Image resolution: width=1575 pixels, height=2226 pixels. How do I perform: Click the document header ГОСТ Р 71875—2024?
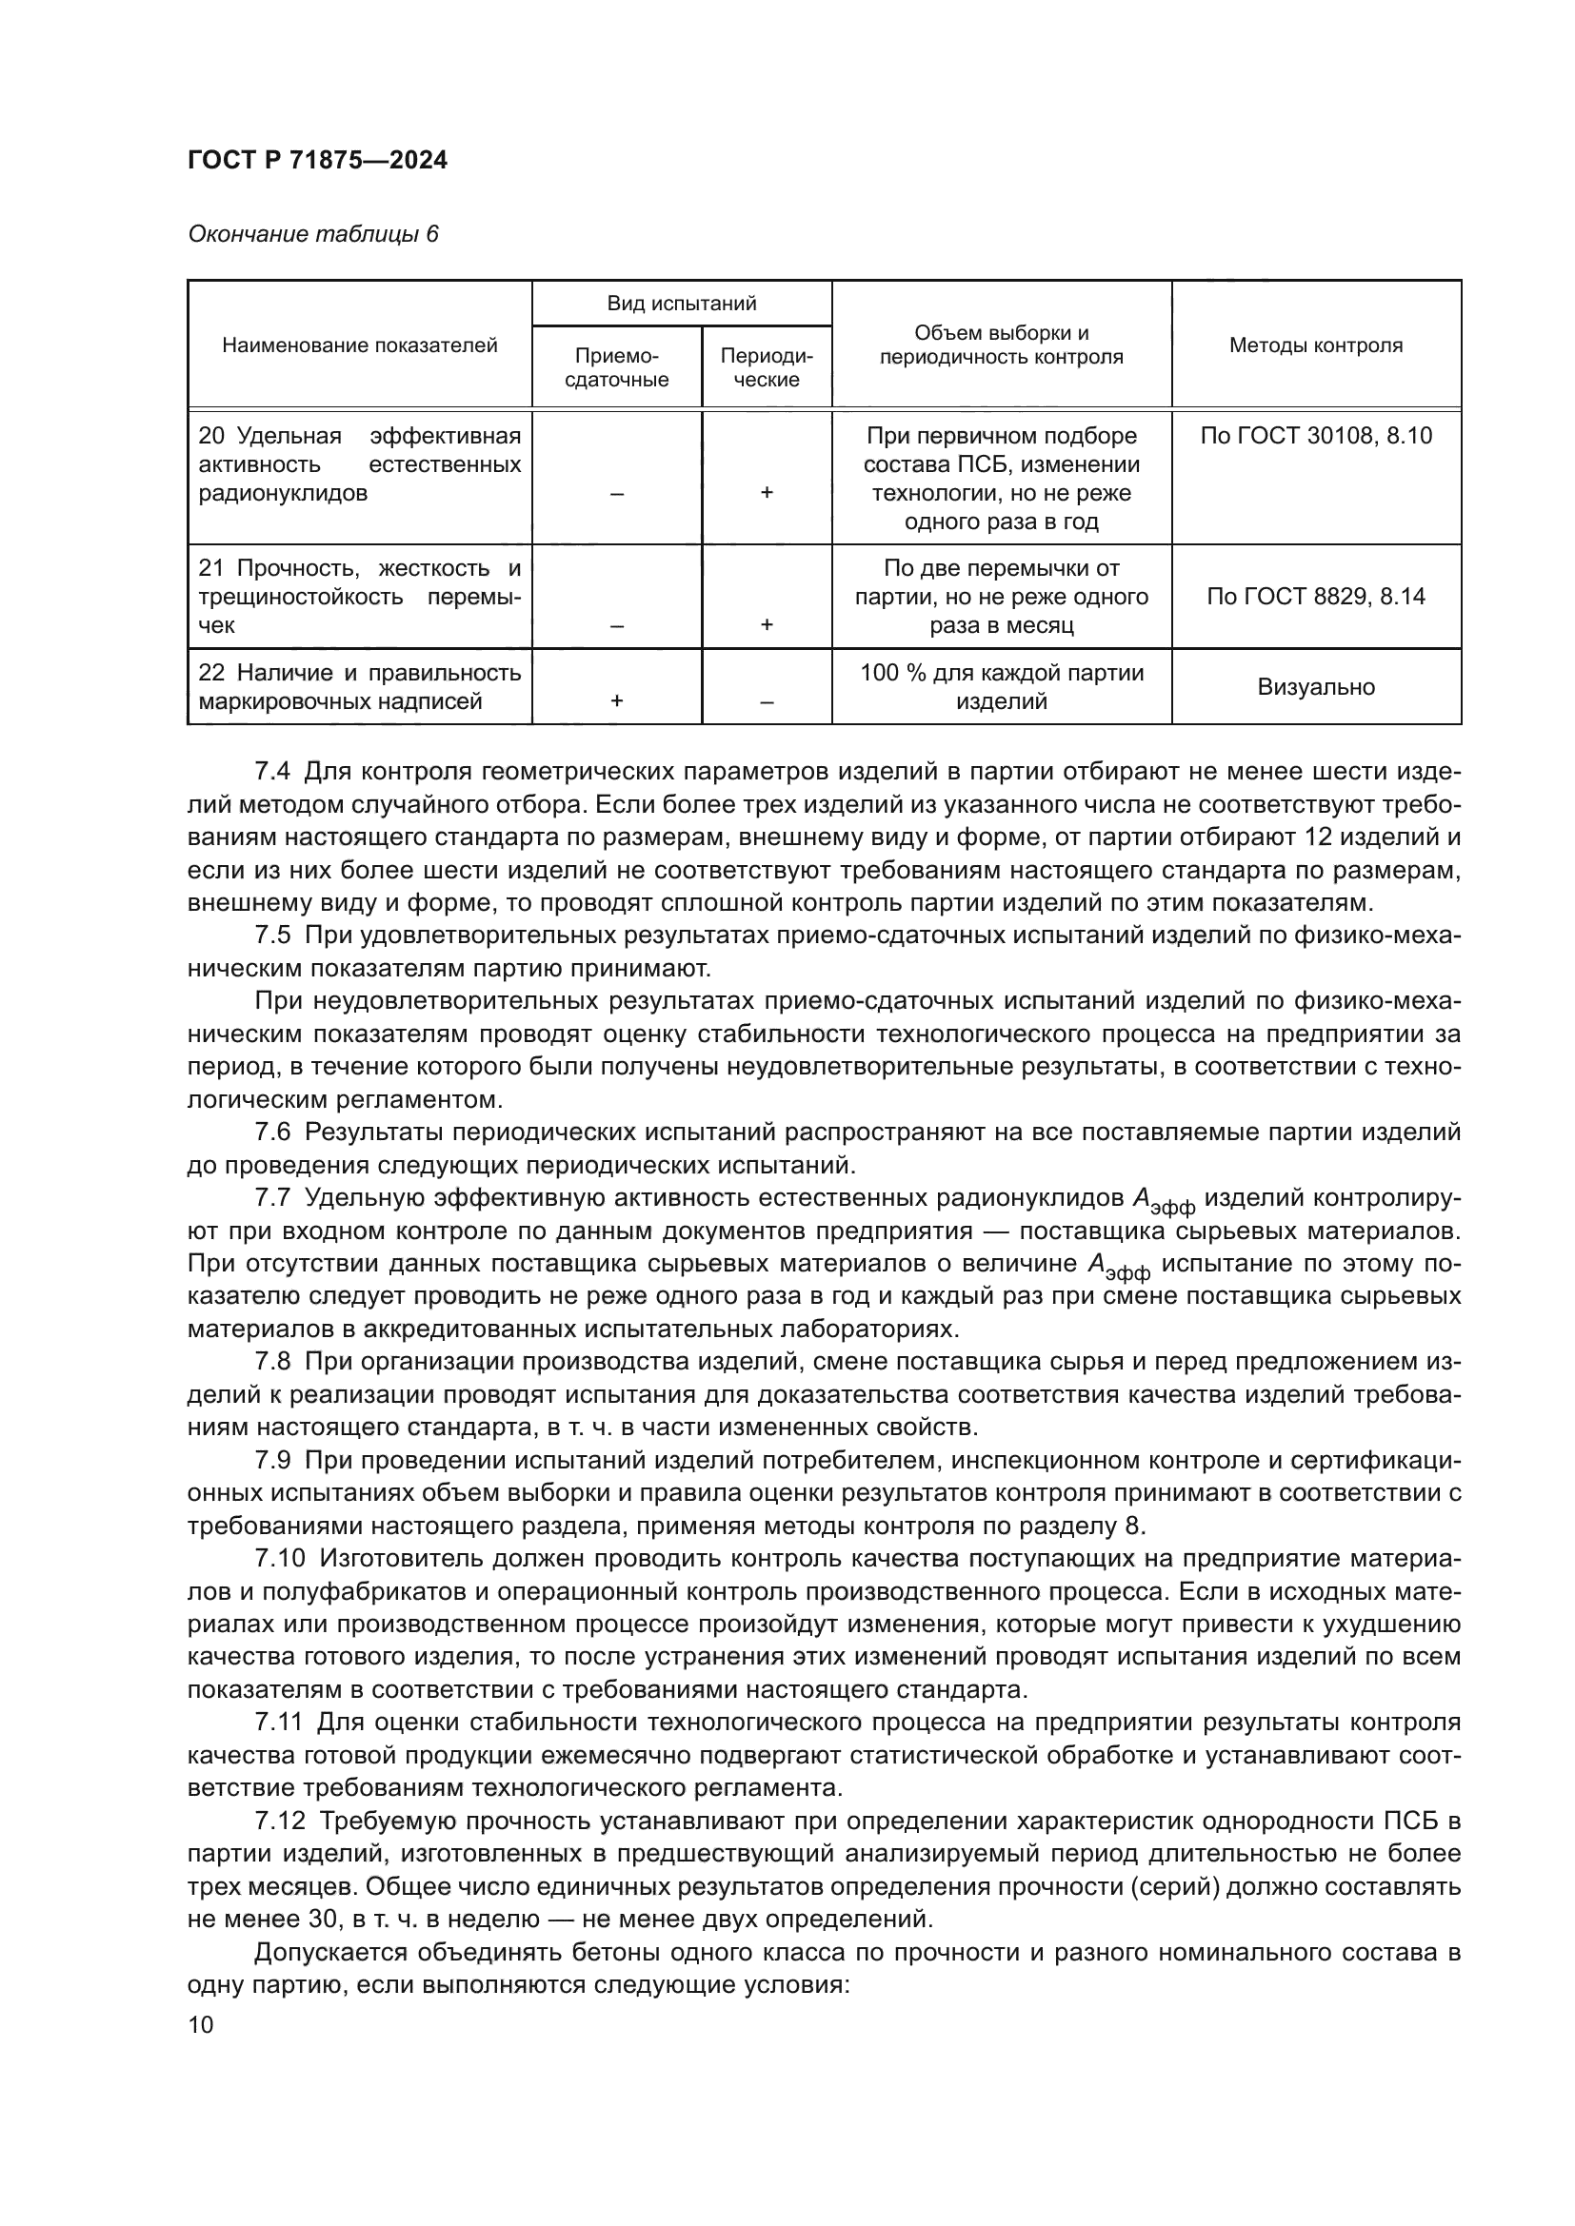point(317,161)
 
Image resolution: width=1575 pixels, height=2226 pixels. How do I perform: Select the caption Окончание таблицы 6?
point(312,235)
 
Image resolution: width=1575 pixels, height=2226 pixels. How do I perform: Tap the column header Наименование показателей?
point(359,345)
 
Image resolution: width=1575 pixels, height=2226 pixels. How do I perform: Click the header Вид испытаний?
point(681,304)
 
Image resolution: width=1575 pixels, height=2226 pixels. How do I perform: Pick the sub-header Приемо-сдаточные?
point(616,368)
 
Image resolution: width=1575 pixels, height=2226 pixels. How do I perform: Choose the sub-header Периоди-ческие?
point(767,368)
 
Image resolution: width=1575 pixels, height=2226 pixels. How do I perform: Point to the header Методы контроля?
point(1315,345)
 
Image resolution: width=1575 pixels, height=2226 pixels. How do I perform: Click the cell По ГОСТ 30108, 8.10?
point(1315,436)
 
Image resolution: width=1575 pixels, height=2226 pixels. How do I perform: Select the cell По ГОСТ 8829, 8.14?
point(1315,597)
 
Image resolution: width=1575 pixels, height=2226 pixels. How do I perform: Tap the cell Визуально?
point(1315,687)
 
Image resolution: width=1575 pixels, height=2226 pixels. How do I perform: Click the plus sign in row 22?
point(616,701)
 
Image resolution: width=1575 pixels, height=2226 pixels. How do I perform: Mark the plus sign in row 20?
point(767,493)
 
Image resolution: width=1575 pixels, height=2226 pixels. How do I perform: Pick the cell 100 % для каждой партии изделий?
point(1001,686)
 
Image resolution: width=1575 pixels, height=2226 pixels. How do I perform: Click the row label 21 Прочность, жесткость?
point(359,568)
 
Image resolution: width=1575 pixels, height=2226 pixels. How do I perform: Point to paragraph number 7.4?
point(271,772)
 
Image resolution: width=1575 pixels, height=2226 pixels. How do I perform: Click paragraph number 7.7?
point(271,1198)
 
